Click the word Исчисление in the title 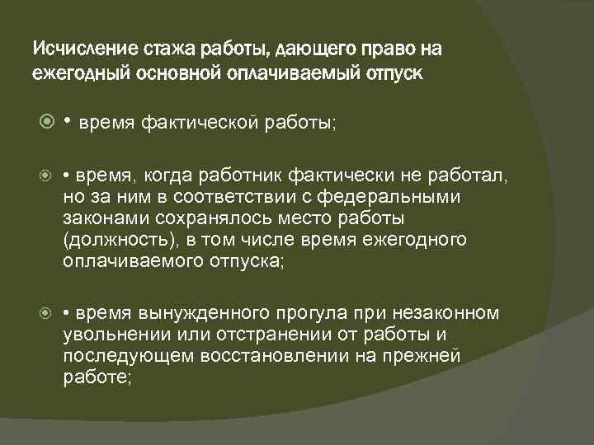[77, 49]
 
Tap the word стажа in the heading [149, 49]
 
